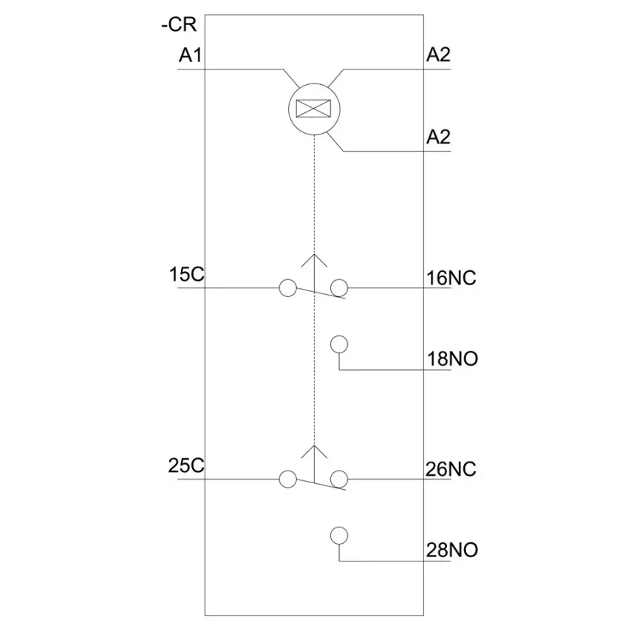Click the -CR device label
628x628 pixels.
179,25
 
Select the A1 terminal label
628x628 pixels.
190,55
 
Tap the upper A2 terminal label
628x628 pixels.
438,55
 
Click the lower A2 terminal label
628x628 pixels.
438,137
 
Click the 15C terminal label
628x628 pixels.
187,274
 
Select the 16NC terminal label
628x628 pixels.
451,278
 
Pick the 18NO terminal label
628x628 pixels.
452,358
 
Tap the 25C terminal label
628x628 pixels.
186,465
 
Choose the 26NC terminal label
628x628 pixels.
451,469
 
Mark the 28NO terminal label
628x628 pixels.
451,550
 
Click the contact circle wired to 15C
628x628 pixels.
287,288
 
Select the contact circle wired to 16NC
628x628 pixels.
339,288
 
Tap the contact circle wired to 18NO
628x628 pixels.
339,344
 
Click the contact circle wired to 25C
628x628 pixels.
287,479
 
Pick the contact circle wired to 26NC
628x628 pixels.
339,479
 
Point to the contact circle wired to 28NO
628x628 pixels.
339,536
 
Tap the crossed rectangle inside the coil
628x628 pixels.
313,108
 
